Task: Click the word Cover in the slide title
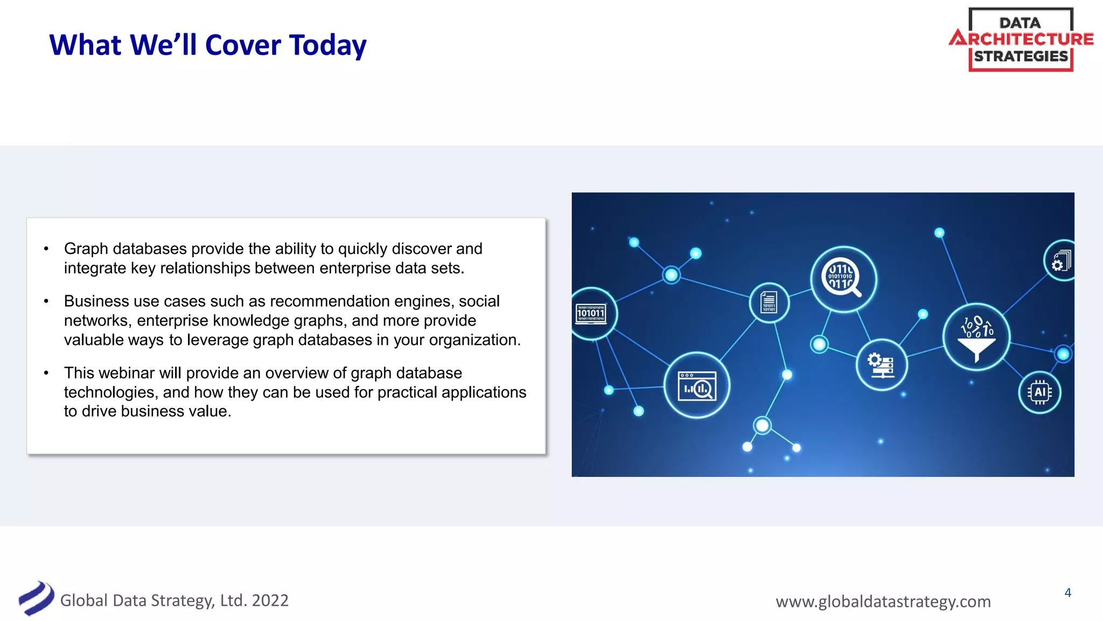point(243,45)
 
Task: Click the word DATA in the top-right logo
point(1020,23)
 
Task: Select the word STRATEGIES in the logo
point(1021,56)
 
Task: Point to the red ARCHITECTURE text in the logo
point(1022,39)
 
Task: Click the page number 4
point(1067,593)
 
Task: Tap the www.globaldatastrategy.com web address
point(883,601)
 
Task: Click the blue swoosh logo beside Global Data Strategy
point(36,598)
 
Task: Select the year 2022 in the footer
point(270,600)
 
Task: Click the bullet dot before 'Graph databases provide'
point(46,249)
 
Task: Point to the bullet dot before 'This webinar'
point(46,372)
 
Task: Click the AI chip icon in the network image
point(1039,392)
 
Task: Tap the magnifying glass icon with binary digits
point(843,279)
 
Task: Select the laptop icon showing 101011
point(591,314)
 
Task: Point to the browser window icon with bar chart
point(697,385)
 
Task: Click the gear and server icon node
point(881,365)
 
